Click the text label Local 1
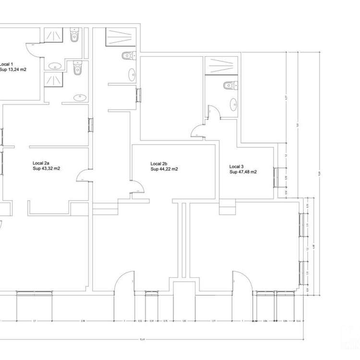pos(7,64)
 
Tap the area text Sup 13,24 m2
pos(13,70)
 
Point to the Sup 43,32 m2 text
pos(47,169)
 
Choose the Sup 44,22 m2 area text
pos(164,169)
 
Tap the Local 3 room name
pos(237,166)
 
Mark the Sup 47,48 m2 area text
pos(243,172)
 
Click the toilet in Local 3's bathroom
pos(229,86)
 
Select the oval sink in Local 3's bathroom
pos(233,104)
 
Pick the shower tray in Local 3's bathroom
pos(221,66)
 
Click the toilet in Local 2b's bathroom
pos(127,55)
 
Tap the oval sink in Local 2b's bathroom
pos(132,75)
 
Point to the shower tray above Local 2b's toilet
pos(121,37)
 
